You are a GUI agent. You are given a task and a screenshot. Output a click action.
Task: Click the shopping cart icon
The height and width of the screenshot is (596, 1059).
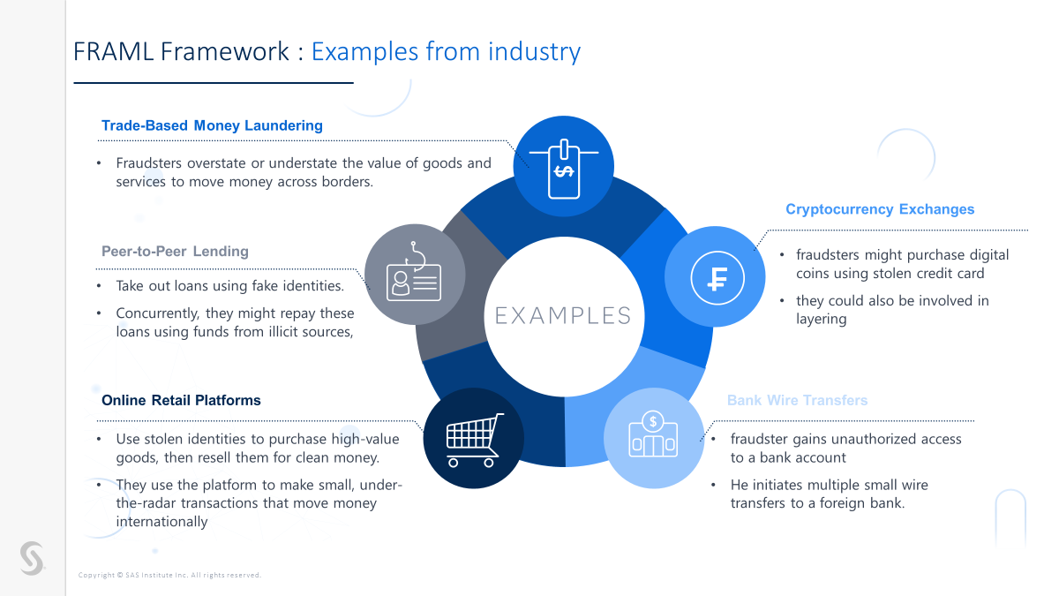474,439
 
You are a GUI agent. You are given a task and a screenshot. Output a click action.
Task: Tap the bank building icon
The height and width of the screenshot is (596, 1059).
653,436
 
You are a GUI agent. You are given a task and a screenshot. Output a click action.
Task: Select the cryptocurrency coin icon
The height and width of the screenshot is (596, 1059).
716,278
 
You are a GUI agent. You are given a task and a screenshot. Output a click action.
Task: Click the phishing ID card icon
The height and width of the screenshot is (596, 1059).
414,274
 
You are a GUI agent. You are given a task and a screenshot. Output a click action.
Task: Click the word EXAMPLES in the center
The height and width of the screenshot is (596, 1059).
563,316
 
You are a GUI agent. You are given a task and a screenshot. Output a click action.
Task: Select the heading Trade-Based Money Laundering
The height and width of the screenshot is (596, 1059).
212,125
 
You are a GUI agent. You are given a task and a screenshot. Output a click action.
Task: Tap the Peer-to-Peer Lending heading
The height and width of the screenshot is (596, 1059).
175,252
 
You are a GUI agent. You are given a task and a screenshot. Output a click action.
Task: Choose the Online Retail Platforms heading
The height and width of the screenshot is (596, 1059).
181,400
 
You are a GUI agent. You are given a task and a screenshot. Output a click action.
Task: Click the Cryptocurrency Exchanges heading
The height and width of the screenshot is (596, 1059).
880,209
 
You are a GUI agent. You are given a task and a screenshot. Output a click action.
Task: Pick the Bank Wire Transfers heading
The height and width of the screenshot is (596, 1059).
797,400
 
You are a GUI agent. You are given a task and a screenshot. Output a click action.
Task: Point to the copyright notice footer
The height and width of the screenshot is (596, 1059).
169,575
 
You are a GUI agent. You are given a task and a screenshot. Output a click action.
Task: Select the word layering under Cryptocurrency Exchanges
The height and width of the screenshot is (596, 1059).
821,319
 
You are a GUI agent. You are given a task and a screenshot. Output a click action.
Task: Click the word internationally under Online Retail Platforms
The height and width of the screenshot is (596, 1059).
161,522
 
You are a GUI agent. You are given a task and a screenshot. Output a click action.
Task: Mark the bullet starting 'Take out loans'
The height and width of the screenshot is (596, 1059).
229,286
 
